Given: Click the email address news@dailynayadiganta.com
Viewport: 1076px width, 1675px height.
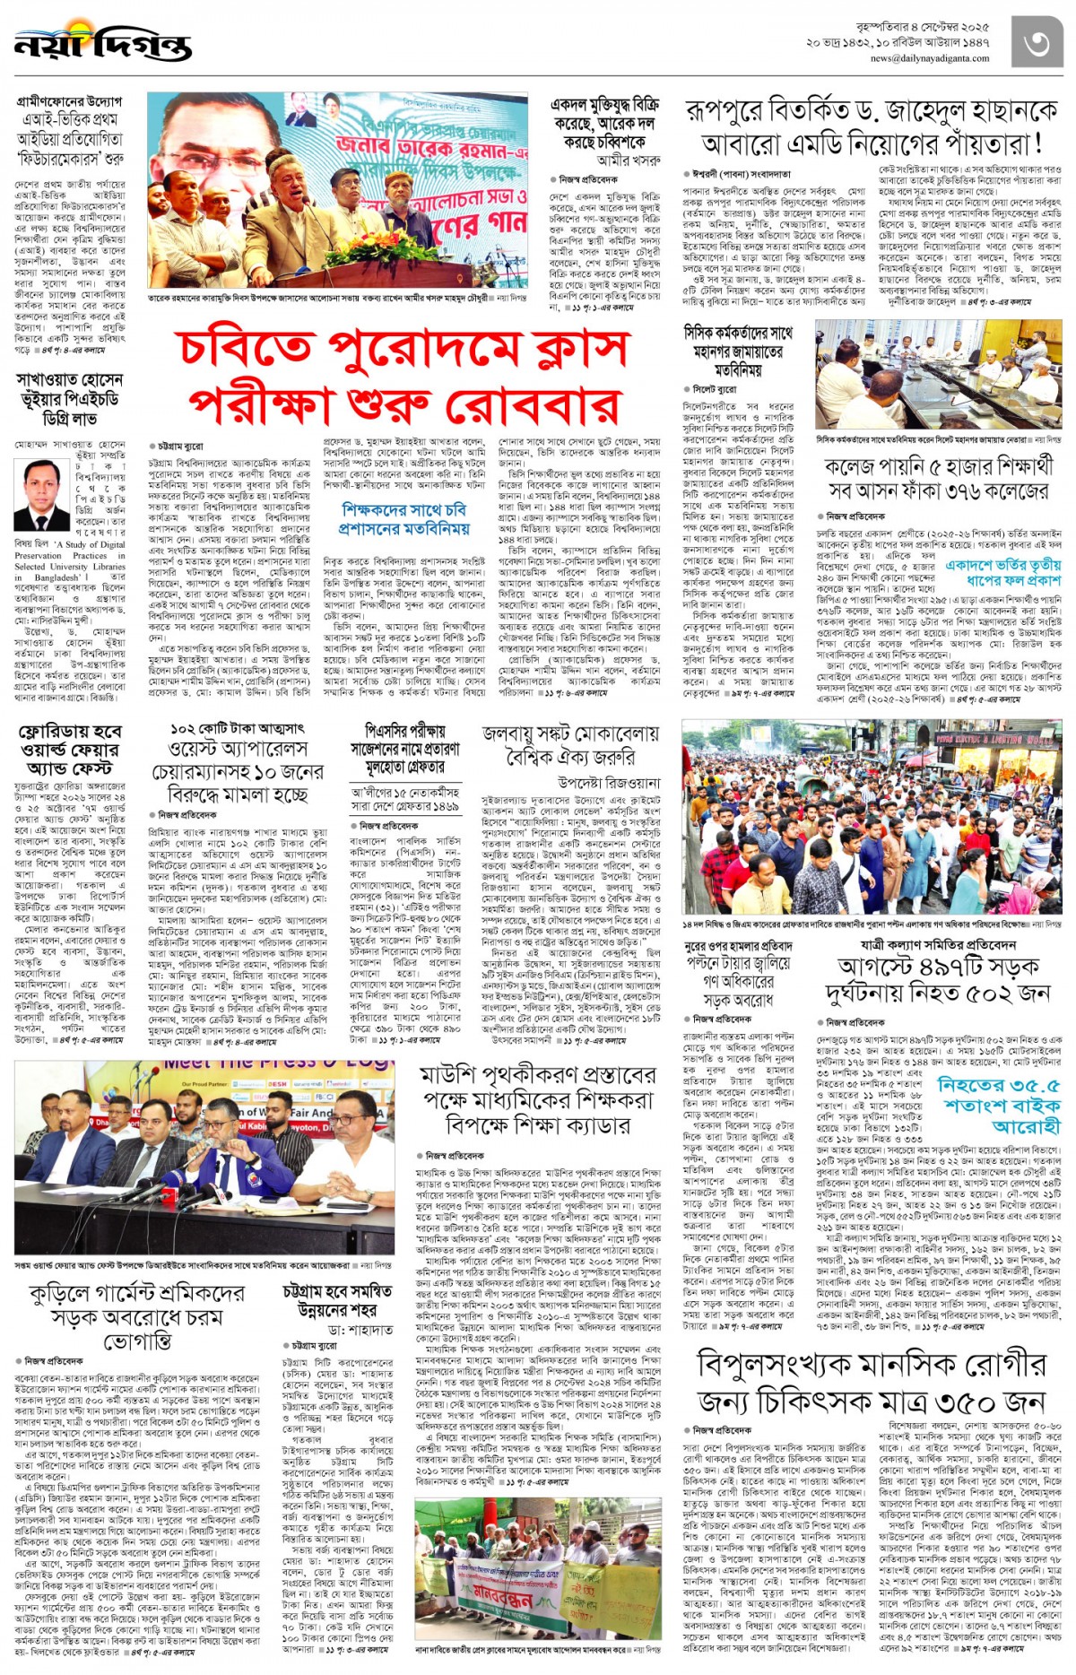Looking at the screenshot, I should [x=929, y=59].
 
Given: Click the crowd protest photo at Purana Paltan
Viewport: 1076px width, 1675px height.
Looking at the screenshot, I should [x=871, y=816].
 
